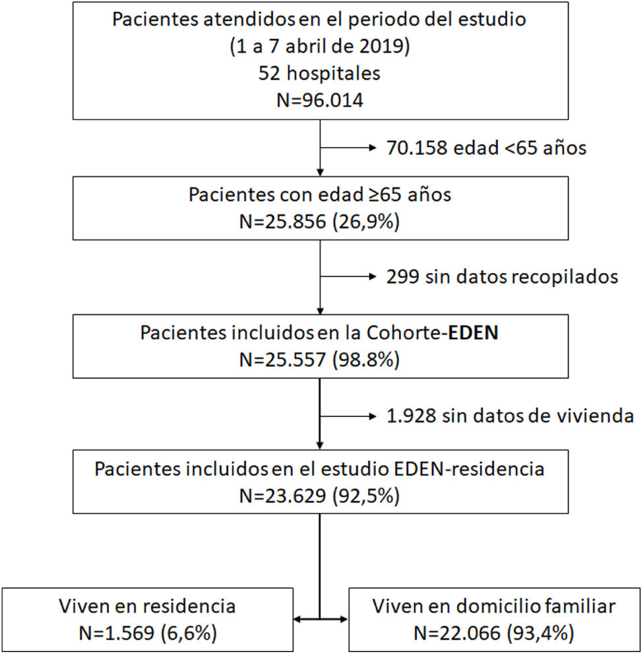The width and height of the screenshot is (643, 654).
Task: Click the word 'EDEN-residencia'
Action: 470,470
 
